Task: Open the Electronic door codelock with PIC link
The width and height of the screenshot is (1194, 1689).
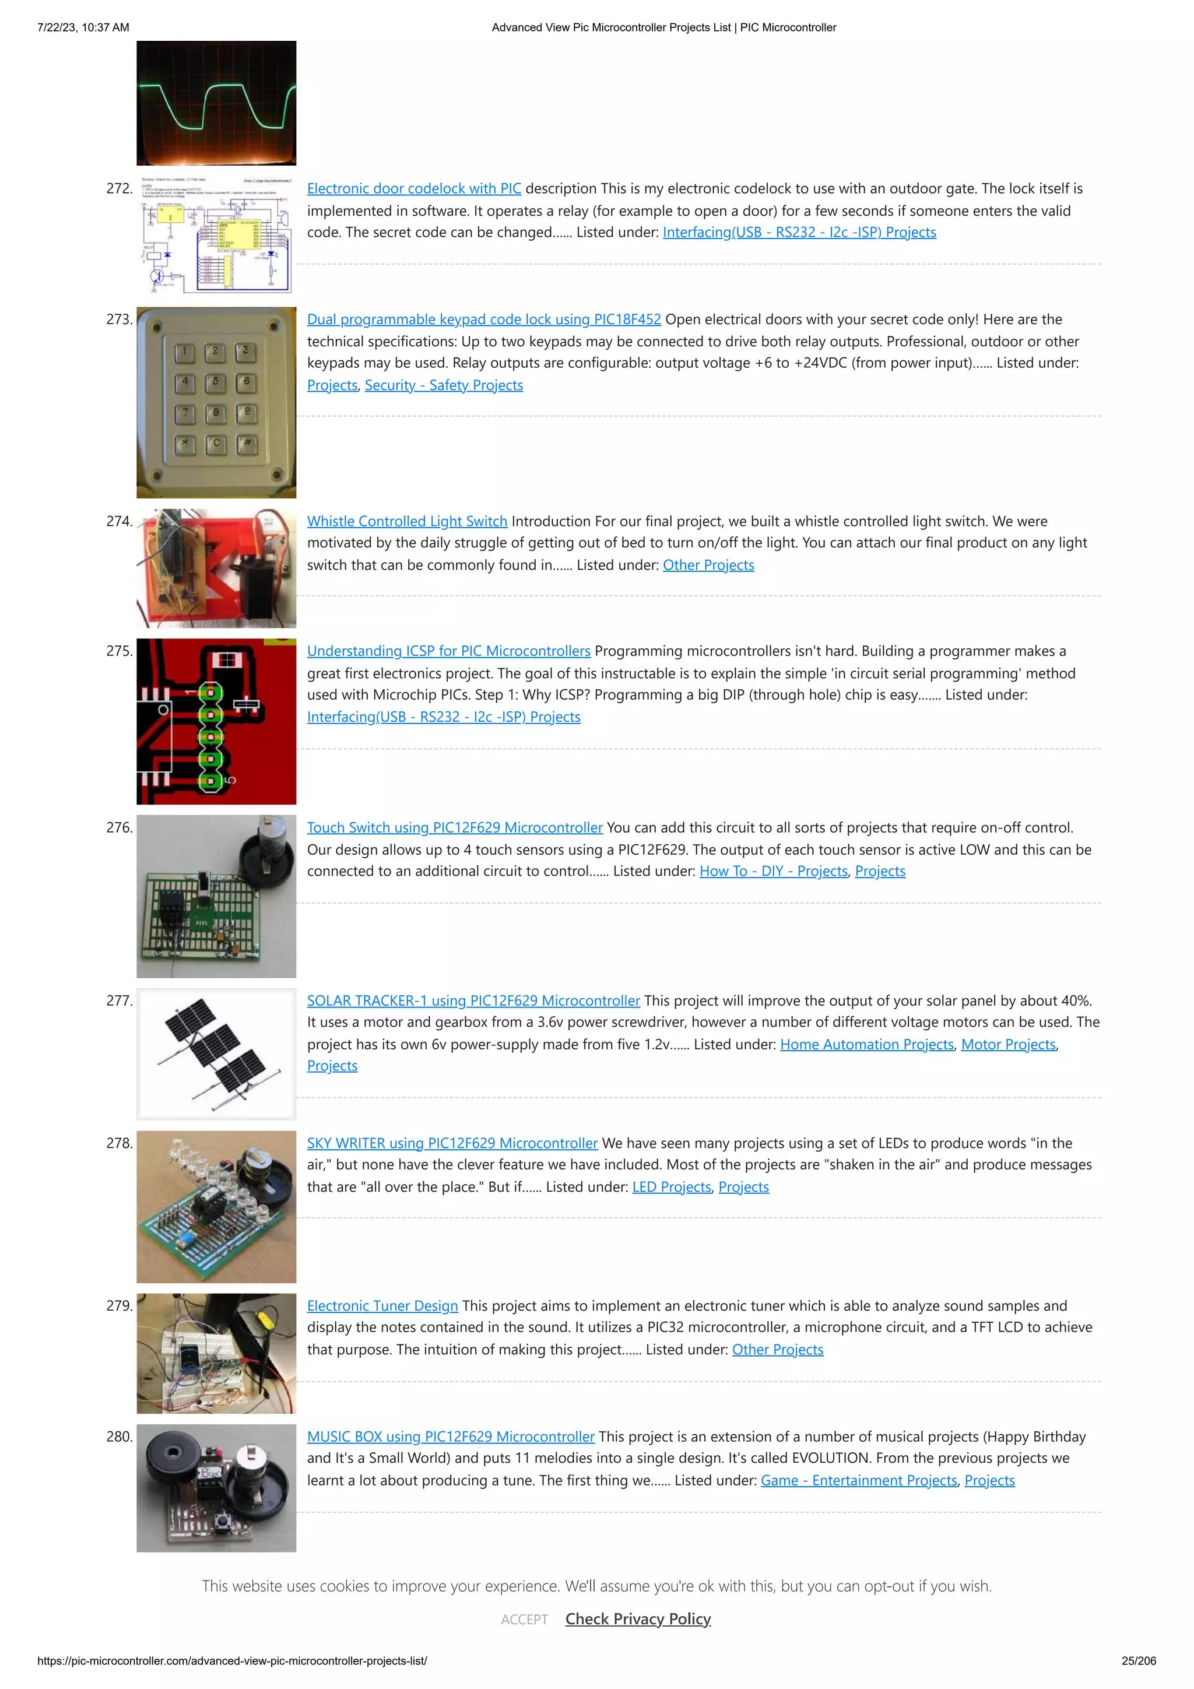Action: click(x=413, y=188)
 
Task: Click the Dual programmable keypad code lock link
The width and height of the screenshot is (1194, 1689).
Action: click(x=483, y=319)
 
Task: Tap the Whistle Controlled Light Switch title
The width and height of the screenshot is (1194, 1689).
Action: click(x=407, y=521)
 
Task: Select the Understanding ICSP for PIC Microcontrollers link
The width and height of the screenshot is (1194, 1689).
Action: click(x=448, y=651)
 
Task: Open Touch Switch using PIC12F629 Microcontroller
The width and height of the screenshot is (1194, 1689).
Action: click(x=454, y=827)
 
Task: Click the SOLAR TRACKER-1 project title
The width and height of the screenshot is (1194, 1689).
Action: click(x=473, y=1000)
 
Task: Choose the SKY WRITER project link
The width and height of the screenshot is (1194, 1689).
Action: click(x=452, y=1143)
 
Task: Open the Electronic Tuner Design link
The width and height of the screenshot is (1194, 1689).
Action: click(x=382, y=1306)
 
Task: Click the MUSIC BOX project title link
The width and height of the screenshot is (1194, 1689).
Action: click(x=450, y=1437)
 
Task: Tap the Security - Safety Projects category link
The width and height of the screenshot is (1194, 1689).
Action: click(x=444, y=385)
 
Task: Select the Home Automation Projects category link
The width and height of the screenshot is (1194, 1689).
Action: click(x=866, y=1045)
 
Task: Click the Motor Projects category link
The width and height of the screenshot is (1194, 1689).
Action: click(x=1008, y=1045)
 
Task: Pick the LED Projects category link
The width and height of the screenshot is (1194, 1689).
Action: click(x=671, y=1186)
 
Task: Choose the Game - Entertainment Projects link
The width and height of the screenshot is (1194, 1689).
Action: click(x=859, y=1480)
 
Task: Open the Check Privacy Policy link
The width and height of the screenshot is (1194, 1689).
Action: click(x=638, y=1619)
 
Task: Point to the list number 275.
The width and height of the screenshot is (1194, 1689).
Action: click(x=119, y=651)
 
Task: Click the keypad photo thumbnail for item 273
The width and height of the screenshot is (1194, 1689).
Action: click(x=216, y=402)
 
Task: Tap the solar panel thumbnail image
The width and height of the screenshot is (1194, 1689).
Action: click(x=216, y=1054)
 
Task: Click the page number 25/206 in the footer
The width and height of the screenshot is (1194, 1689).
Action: click(x=1138, y=1661)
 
